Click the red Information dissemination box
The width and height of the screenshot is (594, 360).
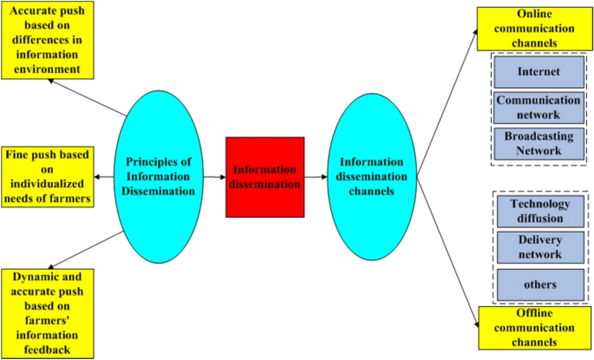(x=264, y=177)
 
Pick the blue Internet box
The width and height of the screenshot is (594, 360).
(x=538, y=72)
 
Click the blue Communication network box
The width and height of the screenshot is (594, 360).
(x=538, y=107)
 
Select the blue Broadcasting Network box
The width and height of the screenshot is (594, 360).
(x=538, y=142)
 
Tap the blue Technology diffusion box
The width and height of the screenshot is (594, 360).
(x=539, y=211)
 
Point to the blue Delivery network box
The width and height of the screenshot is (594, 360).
(x=539, y=246)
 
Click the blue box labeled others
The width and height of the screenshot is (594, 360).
(x=539, y=284)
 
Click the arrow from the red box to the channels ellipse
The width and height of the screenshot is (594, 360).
(x=315, y=180)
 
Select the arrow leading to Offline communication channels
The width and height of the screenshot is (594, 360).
(x=447, y=252)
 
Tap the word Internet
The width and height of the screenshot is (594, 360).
(x=538, y=72)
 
